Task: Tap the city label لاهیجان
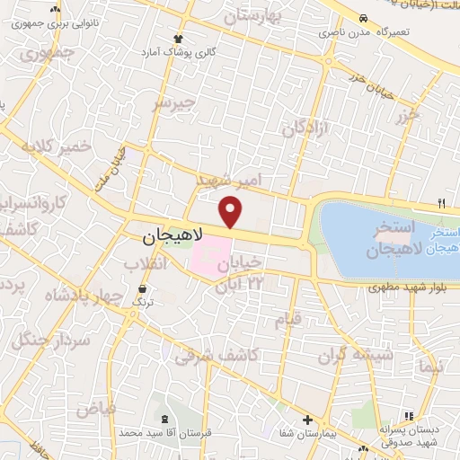click(174, 236)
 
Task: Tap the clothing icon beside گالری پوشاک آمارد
click(178, 39)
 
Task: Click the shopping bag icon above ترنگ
click(143, 288)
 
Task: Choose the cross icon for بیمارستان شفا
click(308, 420)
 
